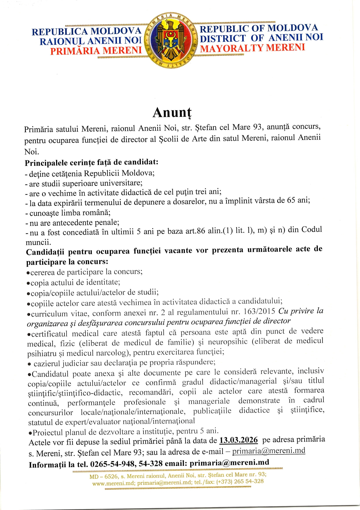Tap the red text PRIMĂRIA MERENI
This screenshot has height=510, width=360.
click(x=96, y=51)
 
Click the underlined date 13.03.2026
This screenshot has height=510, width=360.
click(x=238, y=440)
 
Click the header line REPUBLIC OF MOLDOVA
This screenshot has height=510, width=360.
click(x=259, y=28)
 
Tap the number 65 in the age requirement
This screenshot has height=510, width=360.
click(x=291, y=200)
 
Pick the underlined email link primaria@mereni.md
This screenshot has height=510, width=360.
click(x=269, y=451)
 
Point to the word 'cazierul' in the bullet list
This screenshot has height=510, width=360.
click(x=47, y=364)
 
